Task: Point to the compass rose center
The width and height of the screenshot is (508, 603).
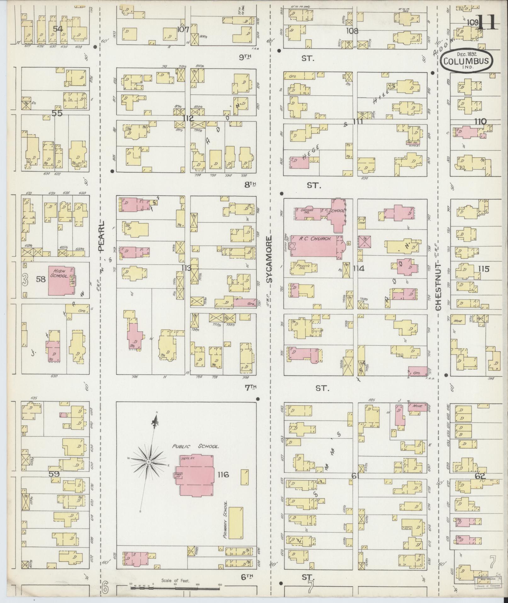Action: tap(148, 462)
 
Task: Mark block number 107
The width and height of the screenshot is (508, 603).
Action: tap(183, 30)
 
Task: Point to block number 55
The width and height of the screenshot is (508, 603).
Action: tap(57, 113)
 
